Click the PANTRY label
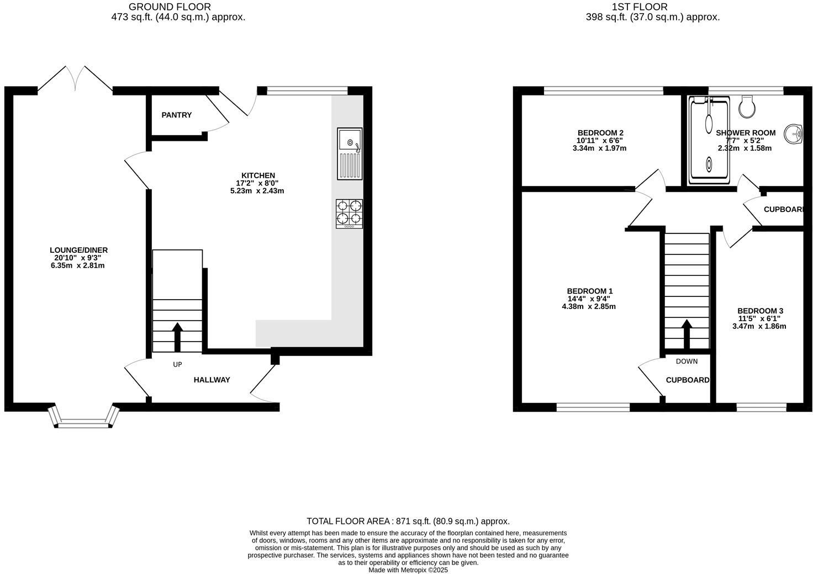[177, 115]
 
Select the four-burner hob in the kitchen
[350, 213]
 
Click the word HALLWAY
[212, 380]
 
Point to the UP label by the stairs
[177, 364]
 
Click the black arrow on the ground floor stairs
[177, 337]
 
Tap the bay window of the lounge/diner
[84, 418]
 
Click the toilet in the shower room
[746, 106]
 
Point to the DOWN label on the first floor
[687, 361]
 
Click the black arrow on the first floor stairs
[687, 334]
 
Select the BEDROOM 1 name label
[590, 291]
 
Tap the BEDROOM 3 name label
[760, 311]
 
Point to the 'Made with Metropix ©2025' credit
[408, 570]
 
